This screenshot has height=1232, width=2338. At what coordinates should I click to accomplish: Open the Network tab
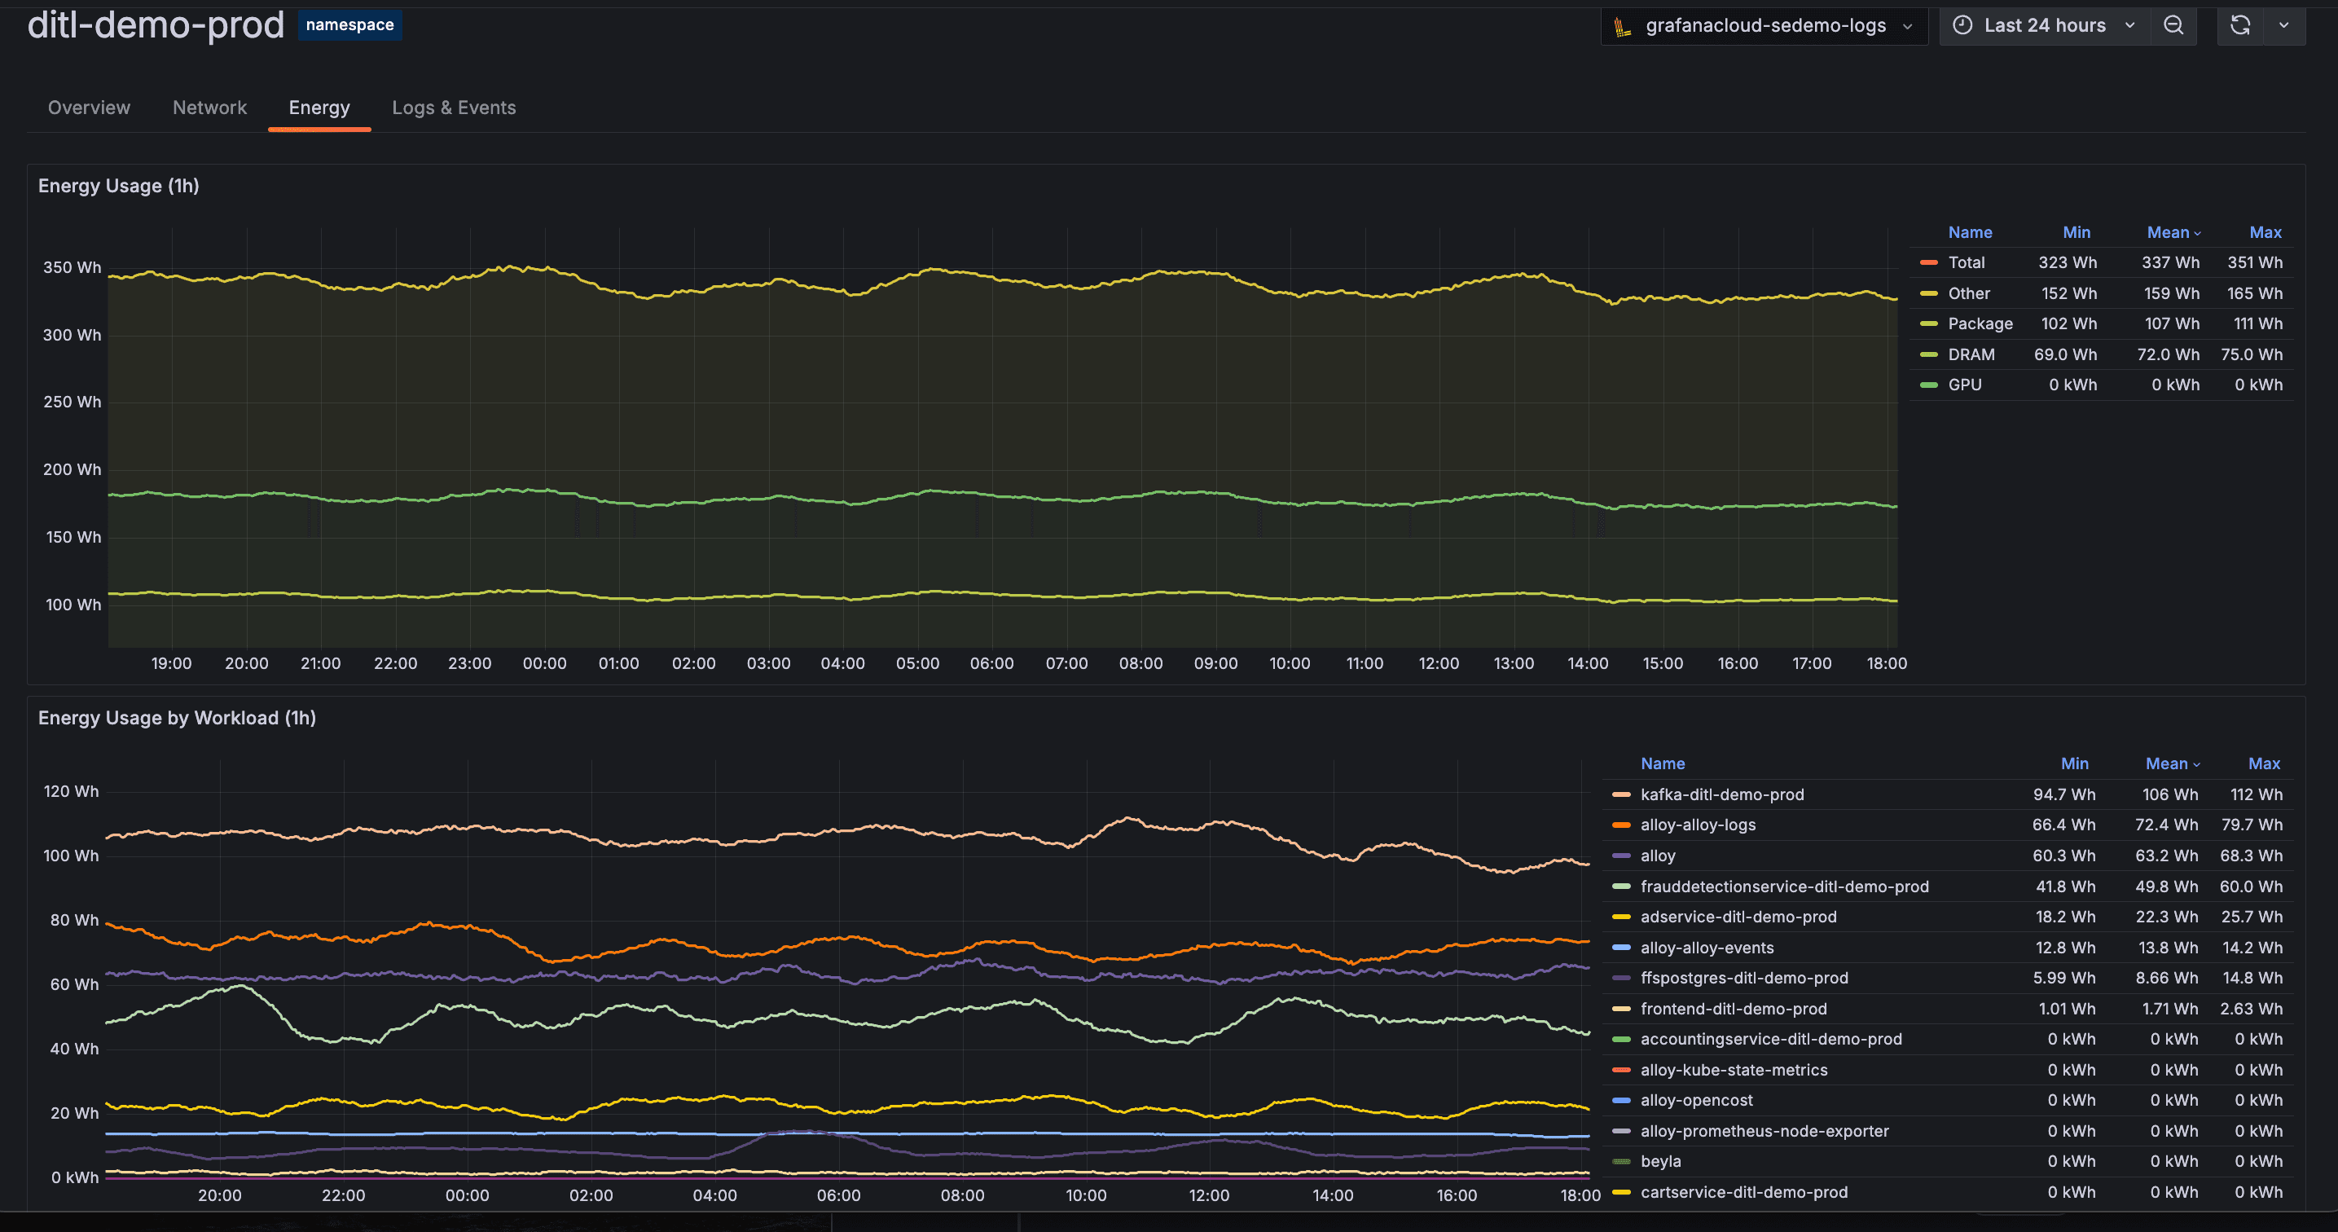(209, 107)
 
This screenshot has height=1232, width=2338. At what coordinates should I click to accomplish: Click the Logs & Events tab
(453, 107)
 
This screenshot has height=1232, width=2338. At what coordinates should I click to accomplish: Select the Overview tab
(89, 107)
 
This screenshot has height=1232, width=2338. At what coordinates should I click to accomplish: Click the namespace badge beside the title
(349, 24)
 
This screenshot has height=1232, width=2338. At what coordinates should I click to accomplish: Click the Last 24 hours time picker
(2043, 25)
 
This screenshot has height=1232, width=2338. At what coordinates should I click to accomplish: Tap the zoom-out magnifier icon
(2173, 25)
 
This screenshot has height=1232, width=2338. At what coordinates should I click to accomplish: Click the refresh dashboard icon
(2240, 25)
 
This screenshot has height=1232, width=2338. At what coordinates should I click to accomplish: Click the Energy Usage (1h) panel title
(119, 185)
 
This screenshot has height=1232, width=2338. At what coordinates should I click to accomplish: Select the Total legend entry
(1966, 262)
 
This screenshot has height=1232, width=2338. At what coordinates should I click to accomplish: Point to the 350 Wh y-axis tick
(72, 267)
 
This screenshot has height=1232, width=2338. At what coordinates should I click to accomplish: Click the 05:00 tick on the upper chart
(916, 662)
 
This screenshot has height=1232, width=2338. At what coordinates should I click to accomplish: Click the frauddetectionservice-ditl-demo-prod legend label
(1783, 886)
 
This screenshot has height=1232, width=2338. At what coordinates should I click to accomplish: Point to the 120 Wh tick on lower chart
(71, 790)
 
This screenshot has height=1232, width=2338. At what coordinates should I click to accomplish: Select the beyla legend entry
(1660, 1161)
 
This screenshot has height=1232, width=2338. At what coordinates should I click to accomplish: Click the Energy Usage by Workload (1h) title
(177, 717)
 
